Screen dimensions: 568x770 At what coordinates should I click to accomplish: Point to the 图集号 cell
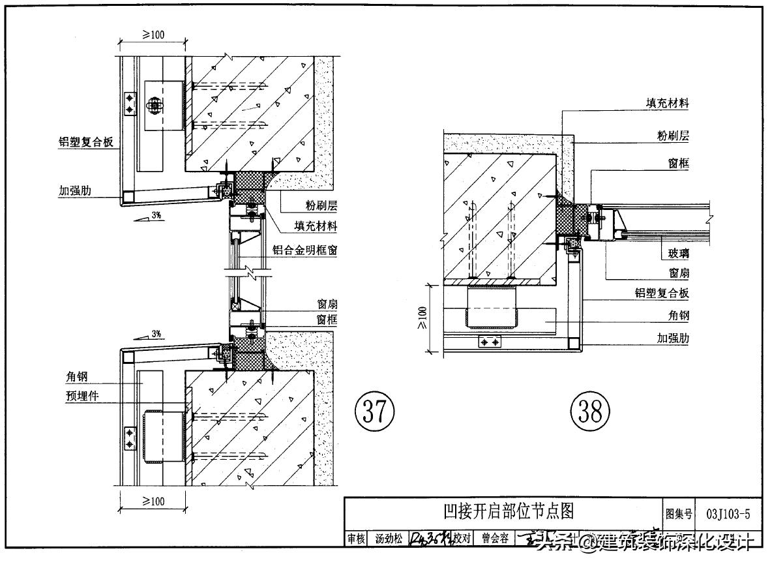(678, 514)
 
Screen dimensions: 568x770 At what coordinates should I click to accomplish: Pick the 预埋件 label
(81, 395)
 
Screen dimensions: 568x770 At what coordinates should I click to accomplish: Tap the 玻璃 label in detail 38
(678, 254)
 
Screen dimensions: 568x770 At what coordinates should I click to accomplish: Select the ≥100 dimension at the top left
(152, 35)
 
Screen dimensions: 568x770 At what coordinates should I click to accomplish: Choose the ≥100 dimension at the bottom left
(152, 501)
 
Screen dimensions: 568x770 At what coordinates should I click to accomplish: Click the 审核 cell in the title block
(356, 539)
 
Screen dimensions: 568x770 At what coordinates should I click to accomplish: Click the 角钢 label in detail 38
(679, 316)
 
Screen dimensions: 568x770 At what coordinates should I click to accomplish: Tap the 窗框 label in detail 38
(678, 164)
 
